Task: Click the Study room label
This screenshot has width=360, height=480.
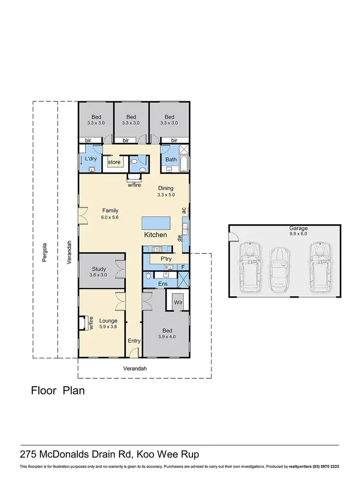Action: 98,269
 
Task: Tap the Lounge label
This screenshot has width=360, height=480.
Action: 108,321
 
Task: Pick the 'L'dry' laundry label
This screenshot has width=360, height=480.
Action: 91,158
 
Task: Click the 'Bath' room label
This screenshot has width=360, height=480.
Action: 171,159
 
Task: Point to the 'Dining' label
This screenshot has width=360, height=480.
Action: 165,189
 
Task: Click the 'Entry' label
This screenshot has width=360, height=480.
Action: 134,341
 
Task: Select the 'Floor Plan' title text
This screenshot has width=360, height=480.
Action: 58,390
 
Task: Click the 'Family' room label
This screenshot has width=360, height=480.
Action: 110,211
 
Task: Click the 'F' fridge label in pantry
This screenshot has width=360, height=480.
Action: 182,267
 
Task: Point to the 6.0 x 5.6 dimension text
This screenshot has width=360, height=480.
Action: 110,217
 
